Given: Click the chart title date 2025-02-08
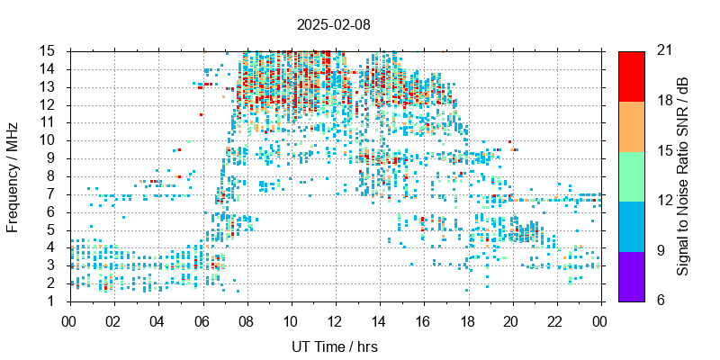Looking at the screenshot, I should tap(335, 25).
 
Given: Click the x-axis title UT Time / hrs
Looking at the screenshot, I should tap(335, 346).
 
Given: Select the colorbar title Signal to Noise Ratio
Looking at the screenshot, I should tap(683, 175).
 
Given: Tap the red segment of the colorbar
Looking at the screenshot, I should tap(631, 76).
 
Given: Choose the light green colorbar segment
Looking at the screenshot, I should tap(631, 175).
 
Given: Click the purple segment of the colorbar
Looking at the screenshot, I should tap(631, 275).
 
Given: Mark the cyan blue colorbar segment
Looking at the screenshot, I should tap(631, 225).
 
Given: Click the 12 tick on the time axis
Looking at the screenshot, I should tap(335, 319).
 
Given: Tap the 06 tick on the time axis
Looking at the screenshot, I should tap(202, 319).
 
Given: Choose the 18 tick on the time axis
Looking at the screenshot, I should tap(468, 319).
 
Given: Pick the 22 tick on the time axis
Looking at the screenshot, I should tap(556, 319).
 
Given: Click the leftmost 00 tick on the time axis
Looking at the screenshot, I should tap(69, 319).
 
